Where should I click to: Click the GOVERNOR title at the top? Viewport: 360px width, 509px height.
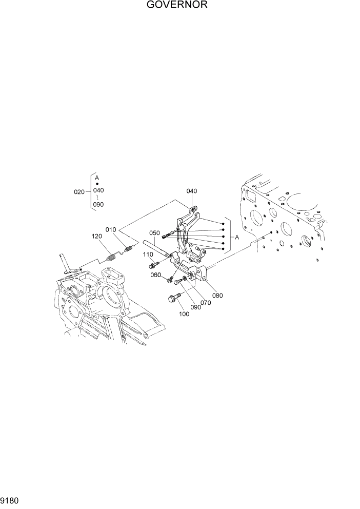[x=179, y=6]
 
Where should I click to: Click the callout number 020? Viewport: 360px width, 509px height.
[x=79, y=192]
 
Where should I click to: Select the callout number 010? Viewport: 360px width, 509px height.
[x=111, y=229]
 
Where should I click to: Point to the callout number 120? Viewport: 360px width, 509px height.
[x=97, y=237]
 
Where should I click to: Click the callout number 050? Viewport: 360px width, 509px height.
[x=155, y=232]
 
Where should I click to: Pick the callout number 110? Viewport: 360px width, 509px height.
[x=148, y=254]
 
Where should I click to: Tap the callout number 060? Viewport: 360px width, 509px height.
[x=156, y=276]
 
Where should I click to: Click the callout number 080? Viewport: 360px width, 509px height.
[x=217, y=296]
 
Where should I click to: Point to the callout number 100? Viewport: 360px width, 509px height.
[x=184, y=314]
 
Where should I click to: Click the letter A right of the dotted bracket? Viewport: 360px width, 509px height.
[x=237, y=237]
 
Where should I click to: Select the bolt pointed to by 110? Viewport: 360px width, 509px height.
[x=153, y=265]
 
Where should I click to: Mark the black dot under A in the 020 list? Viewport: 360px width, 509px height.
[x=97, y=184]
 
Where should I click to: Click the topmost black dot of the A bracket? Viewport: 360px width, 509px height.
[x=224, y=224]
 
